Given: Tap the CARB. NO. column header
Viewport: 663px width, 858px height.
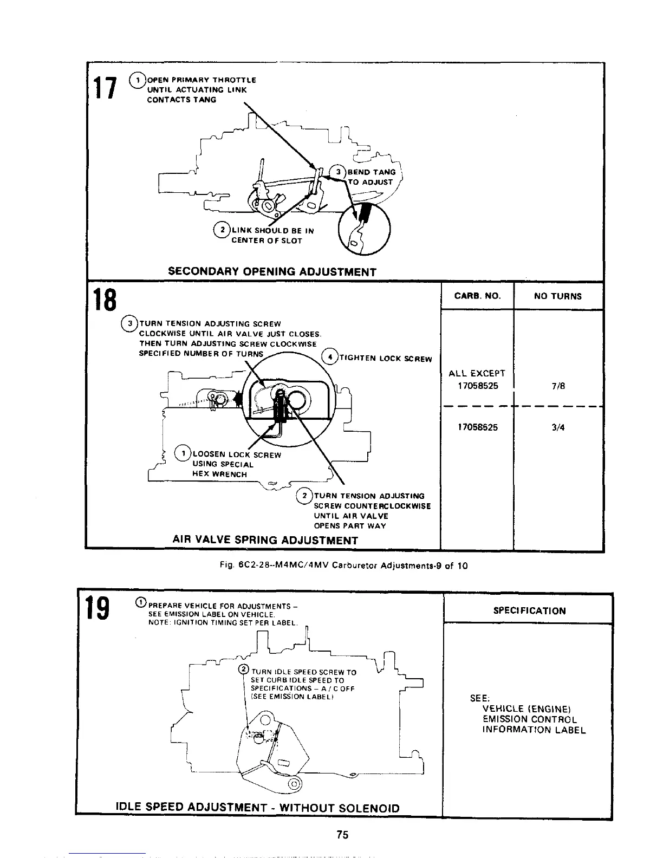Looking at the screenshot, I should point(477,296).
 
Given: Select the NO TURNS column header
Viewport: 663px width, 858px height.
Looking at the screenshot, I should point(557,296).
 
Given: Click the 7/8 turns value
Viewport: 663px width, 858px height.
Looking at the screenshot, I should point(557,386).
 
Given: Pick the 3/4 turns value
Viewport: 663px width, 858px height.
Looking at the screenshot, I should point(557,427).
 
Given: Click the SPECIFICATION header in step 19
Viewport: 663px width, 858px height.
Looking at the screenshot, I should point(529,610).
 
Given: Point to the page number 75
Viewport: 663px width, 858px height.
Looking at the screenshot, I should point(342,835).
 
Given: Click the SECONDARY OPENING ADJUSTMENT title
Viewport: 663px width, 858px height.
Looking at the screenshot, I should point(272,271).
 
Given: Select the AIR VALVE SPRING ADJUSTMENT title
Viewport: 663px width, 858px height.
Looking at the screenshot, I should point(265,540).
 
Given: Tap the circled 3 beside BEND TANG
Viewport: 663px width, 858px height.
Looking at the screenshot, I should point(338,172).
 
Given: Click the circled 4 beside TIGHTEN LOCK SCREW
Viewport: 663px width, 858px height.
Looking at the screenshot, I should point(329,357).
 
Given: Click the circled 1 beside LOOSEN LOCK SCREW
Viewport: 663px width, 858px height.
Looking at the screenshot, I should point(184,453).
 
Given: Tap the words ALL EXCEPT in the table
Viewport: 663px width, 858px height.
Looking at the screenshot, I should point(477,373).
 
